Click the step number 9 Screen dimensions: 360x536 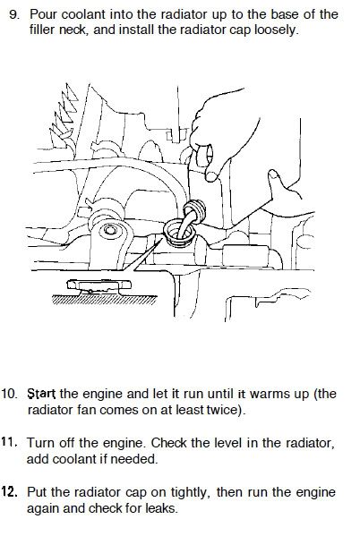click(x=13, y=14)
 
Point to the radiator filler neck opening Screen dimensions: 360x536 click(x=179, y=233)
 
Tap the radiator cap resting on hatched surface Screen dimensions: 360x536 click(x=99, y=286)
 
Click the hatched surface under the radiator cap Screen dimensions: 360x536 click(x=105, y=300)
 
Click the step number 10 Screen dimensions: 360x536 click(x=9, y=394)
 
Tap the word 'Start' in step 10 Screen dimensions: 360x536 click(x=41, y=394)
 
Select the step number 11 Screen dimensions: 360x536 click(x=9, y=443)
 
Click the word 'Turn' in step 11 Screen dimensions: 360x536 click(x=40, y=443)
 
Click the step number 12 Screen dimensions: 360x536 click(x=9, y=492)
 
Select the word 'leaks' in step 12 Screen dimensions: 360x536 click(x=160, y=508)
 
